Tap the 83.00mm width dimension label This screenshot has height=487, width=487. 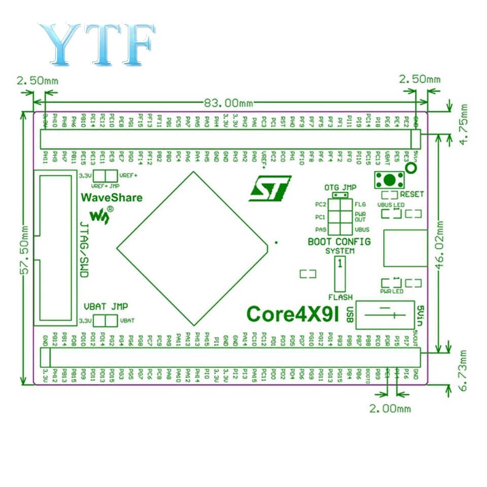[x=228, y=102]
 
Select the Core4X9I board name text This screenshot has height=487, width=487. [x=293, y=314]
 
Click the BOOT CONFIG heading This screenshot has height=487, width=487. [x=339, y=241]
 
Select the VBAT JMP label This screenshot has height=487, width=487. [x=106, y=306]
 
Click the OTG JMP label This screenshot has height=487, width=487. [x=339, y=187]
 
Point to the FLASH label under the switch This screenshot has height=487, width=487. [x=340, y=297]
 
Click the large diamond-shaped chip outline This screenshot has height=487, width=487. [x=192, y=248]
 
